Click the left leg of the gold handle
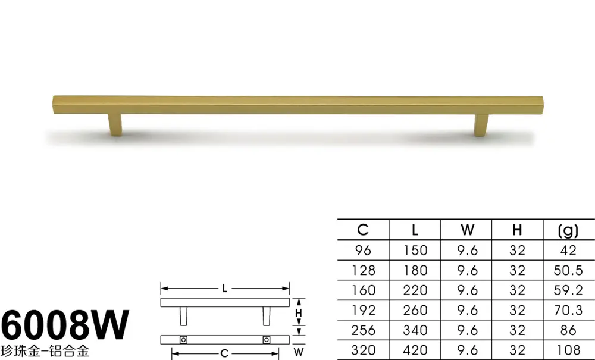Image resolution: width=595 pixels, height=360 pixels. tap(115, 124)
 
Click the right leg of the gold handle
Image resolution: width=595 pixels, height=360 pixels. tap(481, 125)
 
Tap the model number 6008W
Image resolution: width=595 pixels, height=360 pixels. tap(65, 325)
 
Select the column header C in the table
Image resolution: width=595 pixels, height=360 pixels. tap(363, 230)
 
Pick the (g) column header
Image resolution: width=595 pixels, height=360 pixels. tap(568, 230)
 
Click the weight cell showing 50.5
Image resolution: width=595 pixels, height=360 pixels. tap(568, 270)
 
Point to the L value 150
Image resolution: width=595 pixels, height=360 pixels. tap(415, 251)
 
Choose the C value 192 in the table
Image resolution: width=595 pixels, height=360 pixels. tap(363, 310)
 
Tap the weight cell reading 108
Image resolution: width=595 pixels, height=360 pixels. tap(568, 350)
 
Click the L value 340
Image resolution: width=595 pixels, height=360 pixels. tap(415, 330)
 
